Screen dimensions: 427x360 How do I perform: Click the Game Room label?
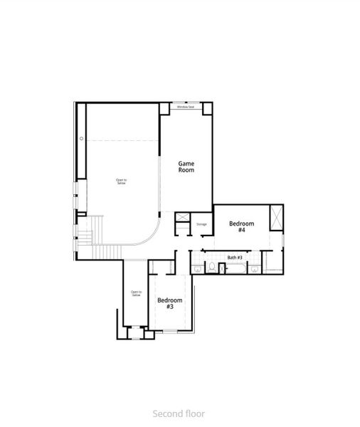point(186,167)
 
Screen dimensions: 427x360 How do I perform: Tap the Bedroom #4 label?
point(241,227)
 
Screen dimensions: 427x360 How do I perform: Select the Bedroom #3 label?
point(170,303)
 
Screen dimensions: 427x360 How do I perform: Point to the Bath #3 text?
point(235,257)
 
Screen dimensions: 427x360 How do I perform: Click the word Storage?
point(201,225)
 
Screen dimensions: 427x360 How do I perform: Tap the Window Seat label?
point(186,107)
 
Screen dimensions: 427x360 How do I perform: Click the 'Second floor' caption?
point(179,413)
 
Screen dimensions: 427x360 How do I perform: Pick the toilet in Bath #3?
point(211,268)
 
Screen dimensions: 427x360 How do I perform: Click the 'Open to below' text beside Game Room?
point(122,181)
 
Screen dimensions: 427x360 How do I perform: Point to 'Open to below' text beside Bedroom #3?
point(136,293)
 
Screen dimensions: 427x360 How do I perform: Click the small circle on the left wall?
point(82,138)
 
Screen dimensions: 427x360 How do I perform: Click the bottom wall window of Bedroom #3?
point(171,331)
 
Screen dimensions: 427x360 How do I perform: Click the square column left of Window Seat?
point(164,107)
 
